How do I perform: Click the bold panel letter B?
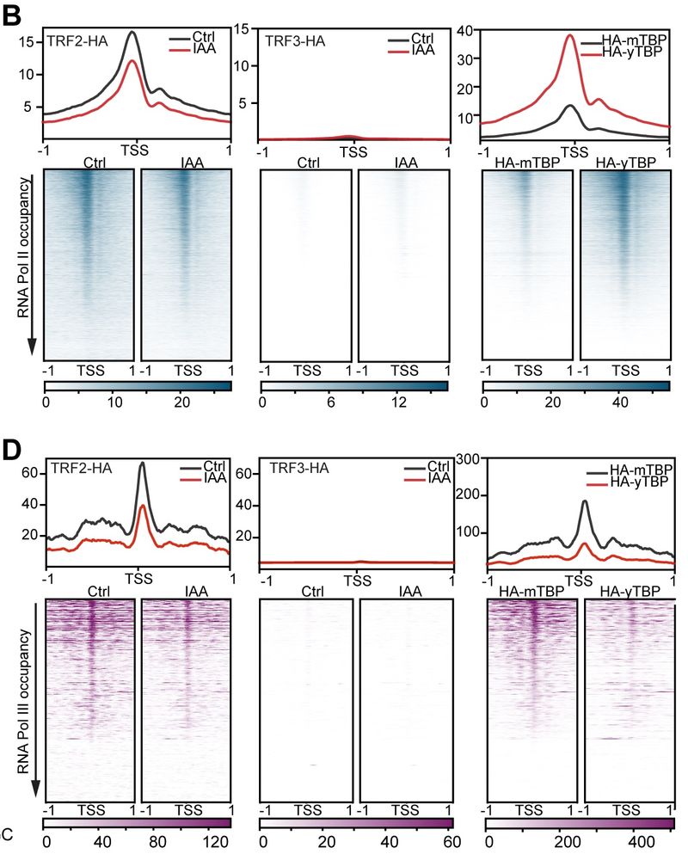(15, 15)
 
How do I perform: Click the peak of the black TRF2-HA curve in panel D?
(142, 464)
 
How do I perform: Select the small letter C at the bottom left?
(7, 833)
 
